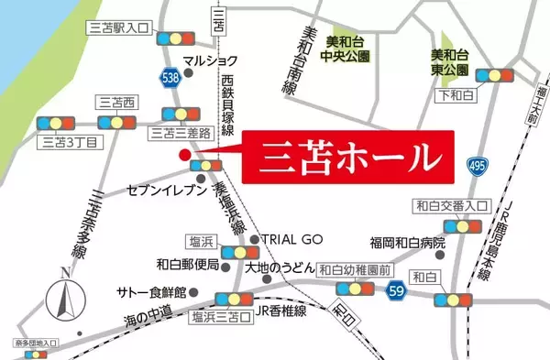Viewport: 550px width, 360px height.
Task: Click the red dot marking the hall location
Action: click(184, 155)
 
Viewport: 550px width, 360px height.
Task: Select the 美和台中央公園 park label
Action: click(346, 49)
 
